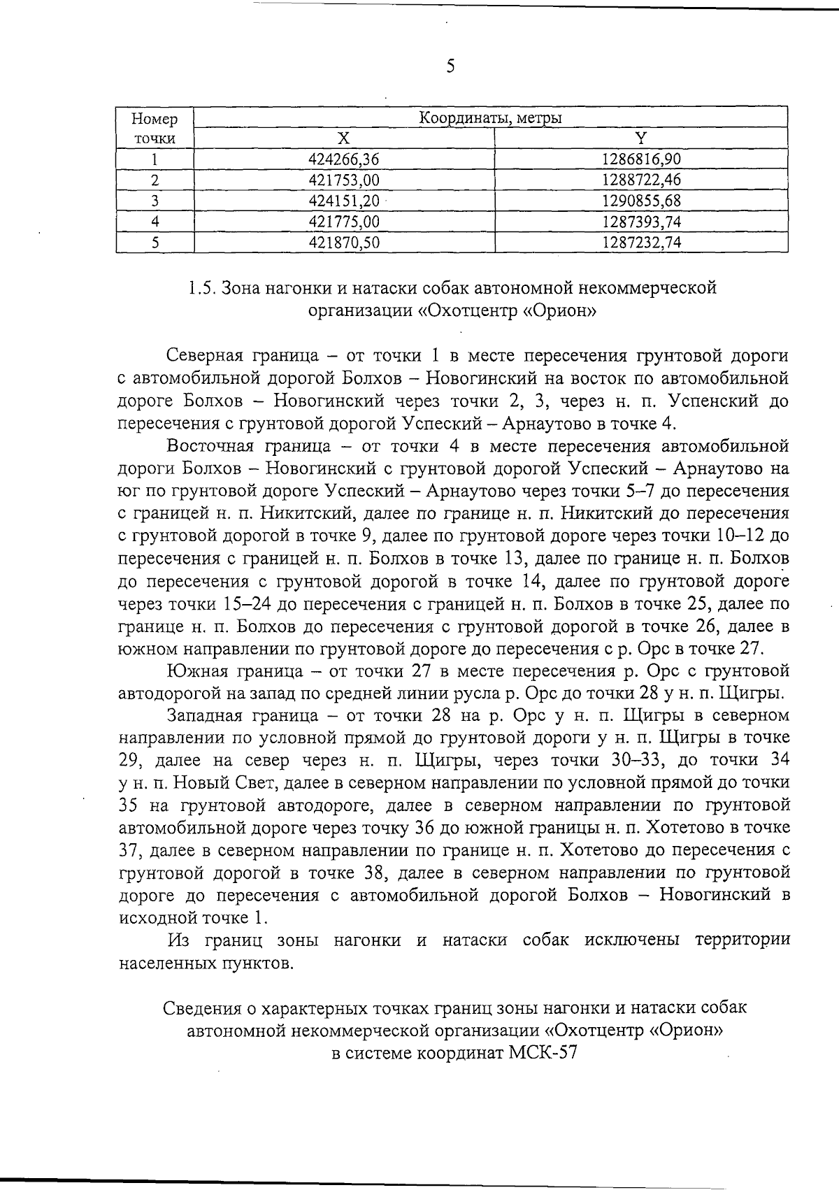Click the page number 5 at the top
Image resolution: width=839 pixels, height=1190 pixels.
(450, 66)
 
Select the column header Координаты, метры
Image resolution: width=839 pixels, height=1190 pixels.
(490, 118)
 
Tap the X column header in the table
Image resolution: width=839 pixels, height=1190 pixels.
(344, 138)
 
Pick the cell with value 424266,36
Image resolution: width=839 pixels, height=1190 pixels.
(343, 159)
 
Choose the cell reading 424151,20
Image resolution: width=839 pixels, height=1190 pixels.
(343, 201)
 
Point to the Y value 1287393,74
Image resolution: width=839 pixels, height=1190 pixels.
(640, 222)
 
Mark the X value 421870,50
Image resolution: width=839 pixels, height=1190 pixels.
(343, 243)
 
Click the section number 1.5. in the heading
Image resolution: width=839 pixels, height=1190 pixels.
(202, 288)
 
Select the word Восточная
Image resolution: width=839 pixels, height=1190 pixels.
(210, 446)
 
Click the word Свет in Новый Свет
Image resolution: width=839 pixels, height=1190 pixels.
(239, 783)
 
